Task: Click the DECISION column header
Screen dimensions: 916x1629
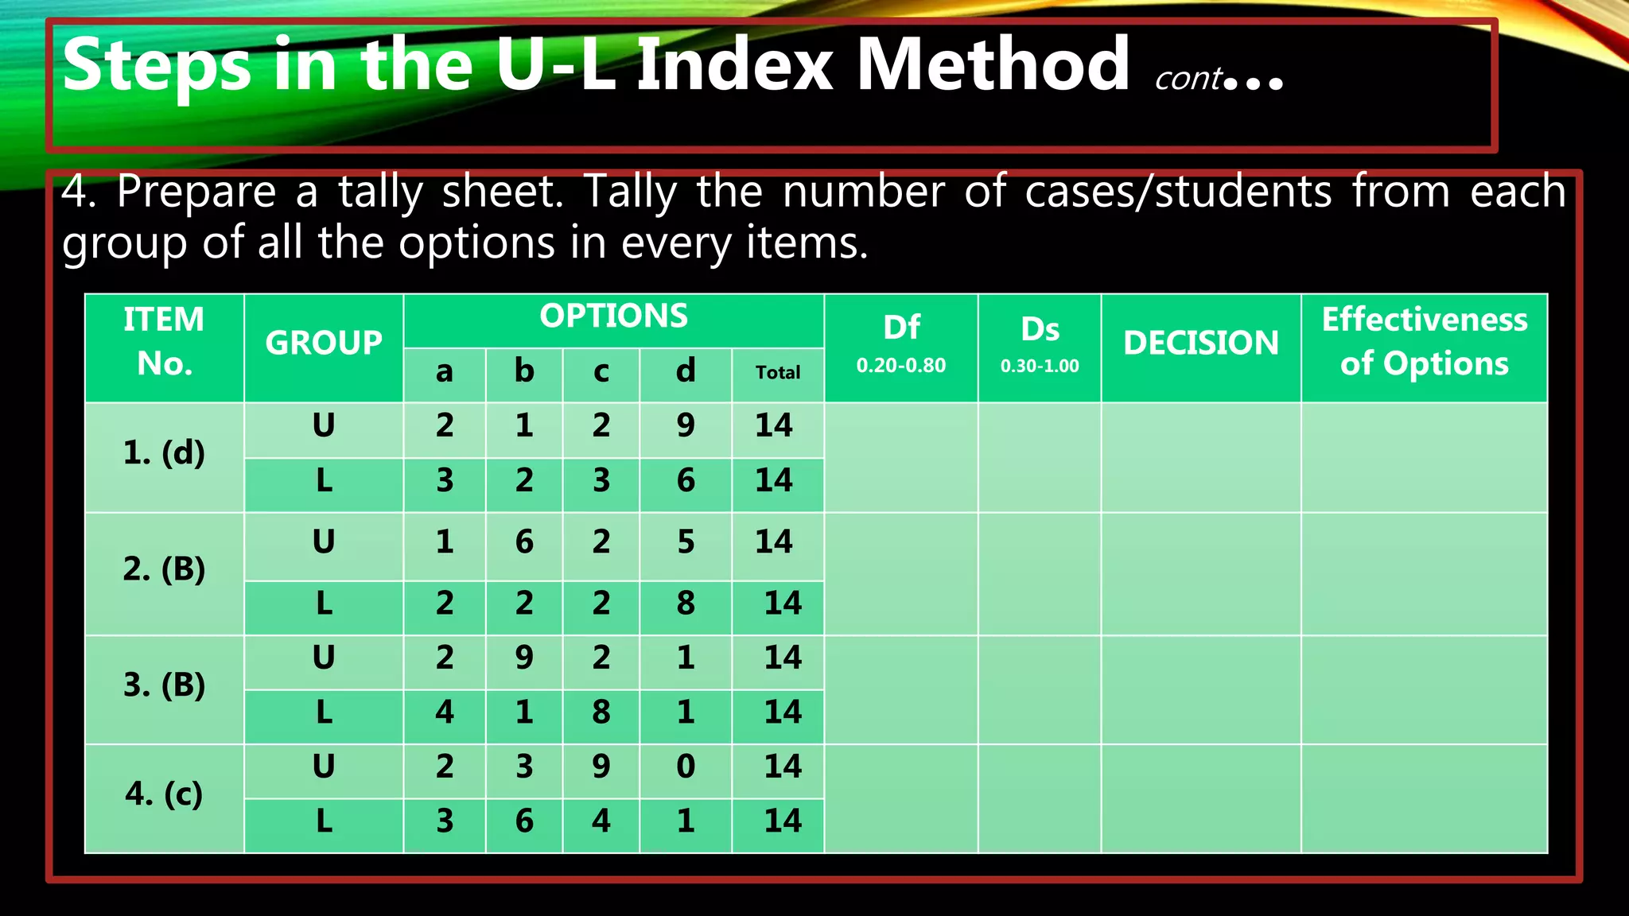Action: pyautogui.click(x=1200, y=343)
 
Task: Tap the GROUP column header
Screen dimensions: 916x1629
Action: pyautogui.click(x=324, y=343)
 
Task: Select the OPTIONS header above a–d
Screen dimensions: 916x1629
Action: pyautogui.click(x=613, y=316)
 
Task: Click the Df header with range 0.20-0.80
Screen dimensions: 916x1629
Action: pyautogui.click(x=901, y=343)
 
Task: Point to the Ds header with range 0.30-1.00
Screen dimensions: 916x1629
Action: pyautogui.click(x=1040, y=343)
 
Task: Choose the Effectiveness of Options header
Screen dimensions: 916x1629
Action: pyautogui.click(x=1424, y=342)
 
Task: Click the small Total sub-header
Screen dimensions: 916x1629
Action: pyautogui.click(x=777, y=372)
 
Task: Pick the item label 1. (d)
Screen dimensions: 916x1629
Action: pyautogui.click(x=164, y=453)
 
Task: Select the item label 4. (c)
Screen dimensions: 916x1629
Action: pyautogui.click(x=164, y=794)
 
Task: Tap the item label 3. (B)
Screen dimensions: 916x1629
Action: pyautogui.click(x=164, y=685)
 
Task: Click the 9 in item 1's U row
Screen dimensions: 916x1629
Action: pyautogui.click(x=686, y=425)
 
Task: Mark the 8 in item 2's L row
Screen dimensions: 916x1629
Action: pyautogui.click(x=686, y=604)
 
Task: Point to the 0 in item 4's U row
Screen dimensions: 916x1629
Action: pyautogui.click(x=686, y=767)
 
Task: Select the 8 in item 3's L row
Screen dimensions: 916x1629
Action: pyautogui.click(x=601, y=712)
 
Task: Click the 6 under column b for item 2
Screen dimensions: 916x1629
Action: pyautogui.click(x=524, y=542)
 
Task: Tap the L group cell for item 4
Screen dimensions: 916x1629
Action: pyautogui.click(x=324, y=821)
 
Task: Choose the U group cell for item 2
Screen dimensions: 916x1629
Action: pyautogui.click(x=324, y=542)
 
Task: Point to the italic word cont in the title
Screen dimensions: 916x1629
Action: pyautogui.click(x=1188, y=79)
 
